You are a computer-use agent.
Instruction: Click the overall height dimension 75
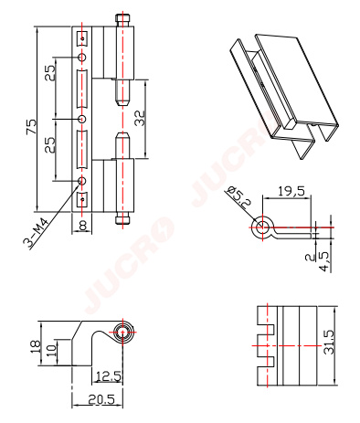coord(31,126)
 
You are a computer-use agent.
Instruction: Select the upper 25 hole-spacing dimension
coord(51,73)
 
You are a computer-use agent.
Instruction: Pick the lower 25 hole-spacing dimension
coord(50,144)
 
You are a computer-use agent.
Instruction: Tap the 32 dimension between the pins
coord(140,118)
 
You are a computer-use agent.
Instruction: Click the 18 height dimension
coord(36,346)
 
